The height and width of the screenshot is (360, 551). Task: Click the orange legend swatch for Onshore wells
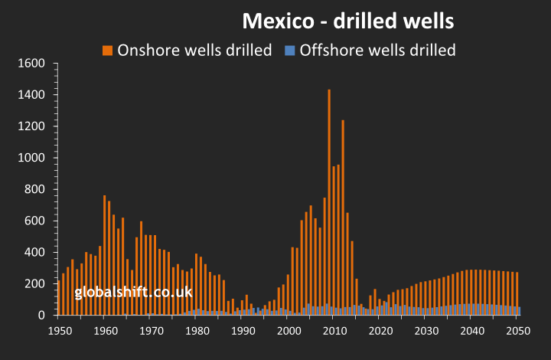pyautogui.click(x=106, y=51)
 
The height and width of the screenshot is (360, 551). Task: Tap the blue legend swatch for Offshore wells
pyautogui.click(x=289, y=51)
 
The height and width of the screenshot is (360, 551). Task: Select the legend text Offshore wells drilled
pyautogui.click(x=377, y=51)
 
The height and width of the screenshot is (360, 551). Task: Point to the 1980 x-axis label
pyautogui.click(x=197, y=332)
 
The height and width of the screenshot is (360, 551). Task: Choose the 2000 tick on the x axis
pyautogui.click(x=289, y=332)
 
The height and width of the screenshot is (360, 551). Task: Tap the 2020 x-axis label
pyautogui.click(x=380, y=332)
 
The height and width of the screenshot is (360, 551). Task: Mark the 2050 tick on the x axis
pyautogui.click(x=517, y=332)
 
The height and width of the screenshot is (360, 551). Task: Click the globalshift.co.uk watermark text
pyautogui.click(x=134, y=293)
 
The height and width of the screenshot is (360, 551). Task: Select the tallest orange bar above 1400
pyautogui.click(x=329, y=199)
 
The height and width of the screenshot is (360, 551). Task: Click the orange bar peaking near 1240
pyautogui.click(x=343, y=214)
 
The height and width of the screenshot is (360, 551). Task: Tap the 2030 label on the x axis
pyautogui.click(x=425, y=332)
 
